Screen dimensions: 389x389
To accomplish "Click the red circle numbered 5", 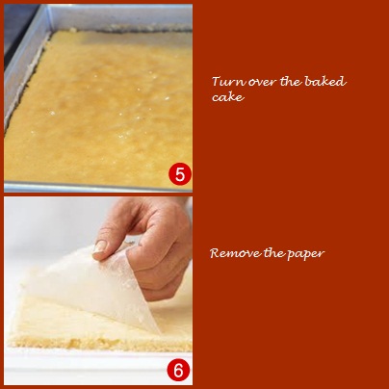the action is tap(180, 174).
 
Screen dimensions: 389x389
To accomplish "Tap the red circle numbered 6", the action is tap(178, 371).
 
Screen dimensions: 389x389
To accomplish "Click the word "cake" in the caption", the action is tap(228, 97).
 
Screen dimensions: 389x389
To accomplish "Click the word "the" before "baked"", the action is tap(291, 81).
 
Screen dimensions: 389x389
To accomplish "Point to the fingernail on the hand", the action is tap(99, 247).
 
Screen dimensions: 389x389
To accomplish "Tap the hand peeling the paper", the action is tap(151, 244).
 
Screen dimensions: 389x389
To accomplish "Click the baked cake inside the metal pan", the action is tap(99, 109).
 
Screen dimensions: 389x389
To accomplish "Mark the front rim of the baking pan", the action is tap(98, 187).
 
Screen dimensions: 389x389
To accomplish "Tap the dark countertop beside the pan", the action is tap(16, 26).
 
